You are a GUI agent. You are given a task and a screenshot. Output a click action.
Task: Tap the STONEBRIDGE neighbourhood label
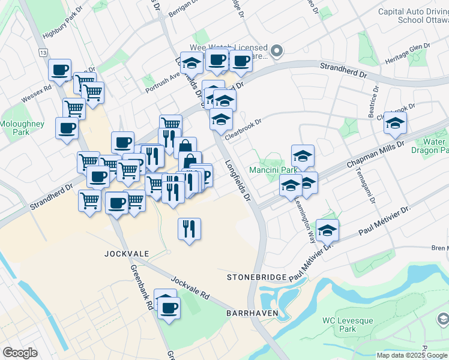(254, 277)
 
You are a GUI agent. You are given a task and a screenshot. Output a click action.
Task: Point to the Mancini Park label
(273, 170)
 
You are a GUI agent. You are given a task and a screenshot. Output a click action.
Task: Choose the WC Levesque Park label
(347, 325)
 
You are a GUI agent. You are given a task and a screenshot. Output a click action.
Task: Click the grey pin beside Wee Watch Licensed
(277, 52)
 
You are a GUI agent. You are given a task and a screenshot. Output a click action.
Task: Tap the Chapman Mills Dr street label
(376, 155)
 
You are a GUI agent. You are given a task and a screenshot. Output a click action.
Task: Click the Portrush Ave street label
(161, 83)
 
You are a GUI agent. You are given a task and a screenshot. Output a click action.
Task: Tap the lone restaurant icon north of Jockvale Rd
(189, 229)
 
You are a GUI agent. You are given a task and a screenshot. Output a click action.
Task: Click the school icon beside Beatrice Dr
(395, 124)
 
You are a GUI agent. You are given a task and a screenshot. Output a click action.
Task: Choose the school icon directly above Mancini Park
(303, 156)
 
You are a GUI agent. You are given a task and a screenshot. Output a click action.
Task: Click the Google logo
(20, 353)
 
